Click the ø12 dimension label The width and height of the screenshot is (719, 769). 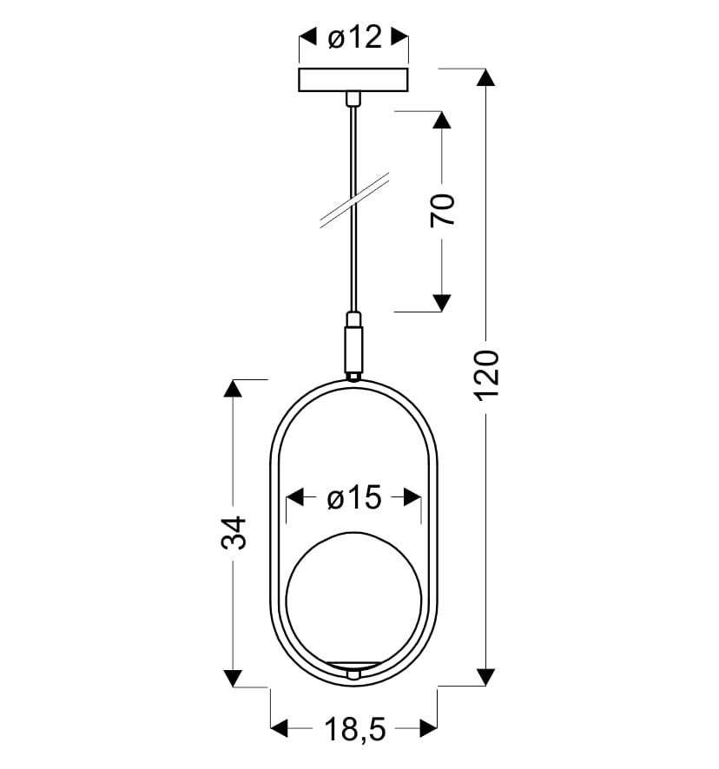(353, 37)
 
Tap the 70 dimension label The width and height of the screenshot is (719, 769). (442, 211)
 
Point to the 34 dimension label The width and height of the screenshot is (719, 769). (234, 533)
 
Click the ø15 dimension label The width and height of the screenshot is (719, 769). (353, 498)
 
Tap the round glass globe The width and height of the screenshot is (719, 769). (353, 599)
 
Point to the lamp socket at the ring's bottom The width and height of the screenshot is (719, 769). (353, 669)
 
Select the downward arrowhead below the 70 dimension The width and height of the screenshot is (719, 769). (442, 301)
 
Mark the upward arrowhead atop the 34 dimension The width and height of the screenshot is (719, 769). (234, 389)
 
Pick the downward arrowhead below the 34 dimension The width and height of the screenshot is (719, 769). (234, 677)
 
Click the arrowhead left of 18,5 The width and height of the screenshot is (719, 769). (280, 728)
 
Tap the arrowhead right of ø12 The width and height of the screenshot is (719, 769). (399, 37)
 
